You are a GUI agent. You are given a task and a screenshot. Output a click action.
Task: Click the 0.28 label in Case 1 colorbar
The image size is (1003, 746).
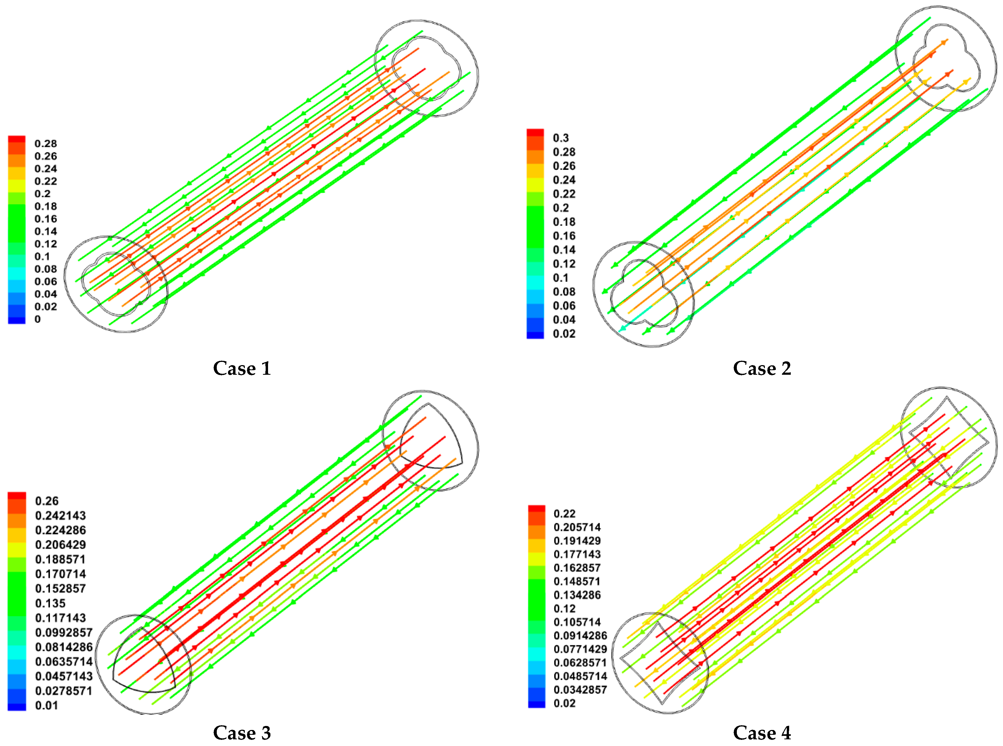pyautogui.click(x=46, y=144)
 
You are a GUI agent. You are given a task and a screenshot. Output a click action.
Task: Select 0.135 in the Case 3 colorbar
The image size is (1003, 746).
pyautogui.click(x=50, y=603)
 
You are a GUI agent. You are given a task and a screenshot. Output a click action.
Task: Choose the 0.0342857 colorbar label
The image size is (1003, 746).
pyautogui.click(x=580, y=690)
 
